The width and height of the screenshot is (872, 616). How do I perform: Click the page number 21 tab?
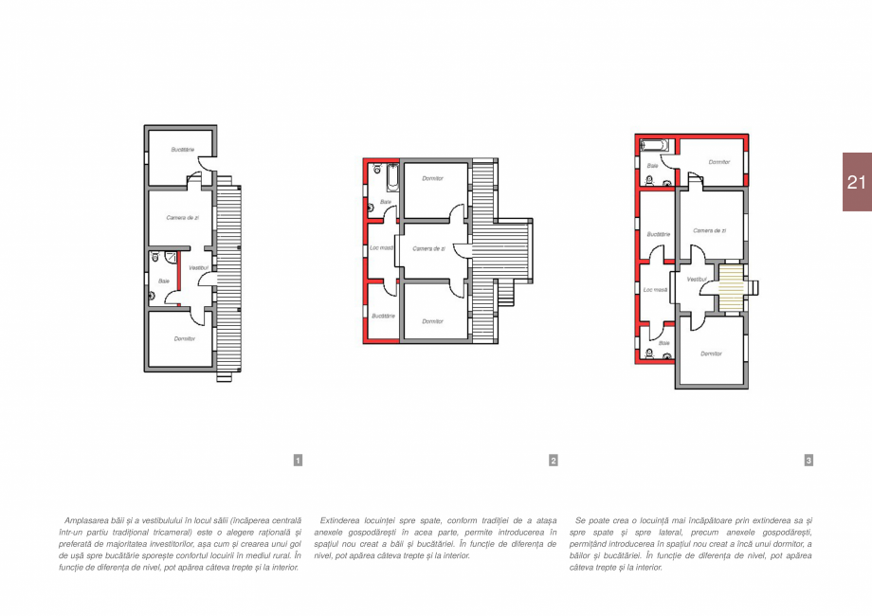856,182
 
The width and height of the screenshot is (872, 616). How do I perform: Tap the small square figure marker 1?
298,461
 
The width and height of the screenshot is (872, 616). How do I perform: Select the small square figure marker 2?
554,461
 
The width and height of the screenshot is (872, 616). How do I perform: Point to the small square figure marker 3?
808,461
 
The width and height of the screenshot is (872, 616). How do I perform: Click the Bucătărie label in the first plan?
183,150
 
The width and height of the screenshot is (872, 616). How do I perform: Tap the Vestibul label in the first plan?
198,268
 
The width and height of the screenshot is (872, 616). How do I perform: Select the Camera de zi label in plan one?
182,218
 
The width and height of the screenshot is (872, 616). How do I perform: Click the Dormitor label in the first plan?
184,338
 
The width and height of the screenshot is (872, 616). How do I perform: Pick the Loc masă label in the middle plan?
380,248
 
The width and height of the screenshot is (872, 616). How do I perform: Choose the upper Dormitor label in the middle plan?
433,178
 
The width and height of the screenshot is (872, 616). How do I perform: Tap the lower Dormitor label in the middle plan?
433,321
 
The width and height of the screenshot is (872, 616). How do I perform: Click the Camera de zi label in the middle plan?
428,248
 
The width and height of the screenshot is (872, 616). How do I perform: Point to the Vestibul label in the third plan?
697,279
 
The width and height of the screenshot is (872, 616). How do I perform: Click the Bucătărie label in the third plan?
658,233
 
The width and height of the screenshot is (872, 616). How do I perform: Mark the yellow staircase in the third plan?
729,286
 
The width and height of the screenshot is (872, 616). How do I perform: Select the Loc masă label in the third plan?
655,290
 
